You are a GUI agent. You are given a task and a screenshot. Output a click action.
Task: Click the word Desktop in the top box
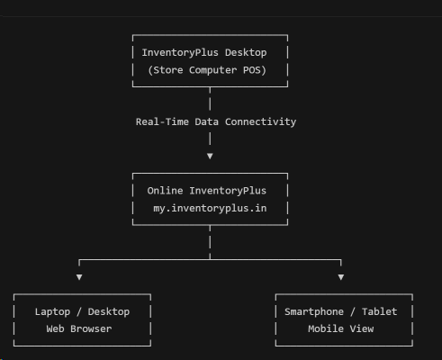point(246,53)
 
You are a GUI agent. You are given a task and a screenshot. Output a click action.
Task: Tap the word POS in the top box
point(251,70)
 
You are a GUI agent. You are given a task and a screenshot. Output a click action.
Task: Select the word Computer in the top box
point(212,70)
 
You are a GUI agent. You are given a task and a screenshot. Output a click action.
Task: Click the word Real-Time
point(162,121)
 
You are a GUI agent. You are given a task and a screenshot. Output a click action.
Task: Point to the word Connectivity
point(260,122)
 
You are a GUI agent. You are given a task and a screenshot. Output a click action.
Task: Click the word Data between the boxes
point(206,121)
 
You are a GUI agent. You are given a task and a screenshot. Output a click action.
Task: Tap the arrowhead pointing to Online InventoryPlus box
point(210,156)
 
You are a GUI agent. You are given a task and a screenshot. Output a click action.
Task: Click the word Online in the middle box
point(165,191)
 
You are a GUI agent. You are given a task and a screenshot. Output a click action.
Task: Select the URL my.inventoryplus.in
point(210,209)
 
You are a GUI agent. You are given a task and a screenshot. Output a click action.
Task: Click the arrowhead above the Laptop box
point(79,277)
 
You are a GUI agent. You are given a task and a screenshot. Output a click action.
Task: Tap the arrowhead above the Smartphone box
point(341,277)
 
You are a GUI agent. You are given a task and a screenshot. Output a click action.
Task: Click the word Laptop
point(52,312)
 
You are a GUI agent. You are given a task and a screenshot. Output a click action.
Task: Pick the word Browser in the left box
point(91,328)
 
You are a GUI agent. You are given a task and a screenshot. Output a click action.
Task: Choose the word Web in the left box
point(55,328)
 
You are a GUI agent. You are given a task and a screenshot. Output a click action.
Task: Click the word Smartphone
point(314,312)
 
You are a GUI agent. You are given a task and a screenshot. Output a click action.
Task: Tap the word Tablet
point(380,311)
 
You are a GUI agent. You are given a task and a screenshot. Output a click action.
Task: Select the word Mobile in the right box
point(326,328)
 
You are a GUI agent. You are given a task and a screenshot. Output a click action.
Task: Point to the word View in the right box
point(362,328)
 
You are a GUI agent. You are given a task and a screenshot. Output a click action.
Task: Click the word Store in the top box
point(168,70)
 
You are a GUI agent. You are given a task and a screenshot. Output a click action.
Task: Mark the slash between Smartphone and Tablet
point(353,311)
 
